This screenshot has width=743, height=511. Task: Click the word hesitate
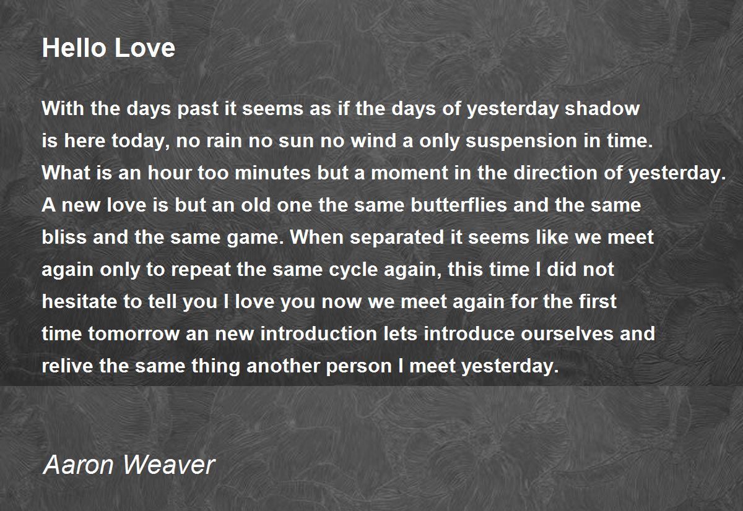pyautogui.click(x=77, y=302)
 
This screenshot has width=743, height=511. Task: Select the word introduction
pyautogui.click(x=318, y=334)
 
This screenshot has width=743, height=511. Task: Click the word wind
pyautogui.click(x=360, y=141)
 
